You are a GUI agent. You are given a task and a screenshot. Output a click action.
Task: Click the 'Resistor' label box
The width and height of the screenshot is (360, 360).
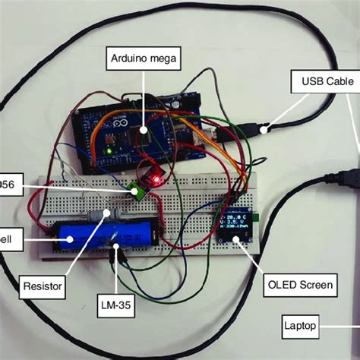tap(43, 288)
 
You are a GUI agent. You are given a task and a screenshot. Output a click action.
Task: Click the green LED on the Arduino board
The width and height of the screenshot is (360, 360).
tap(109, 150)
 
